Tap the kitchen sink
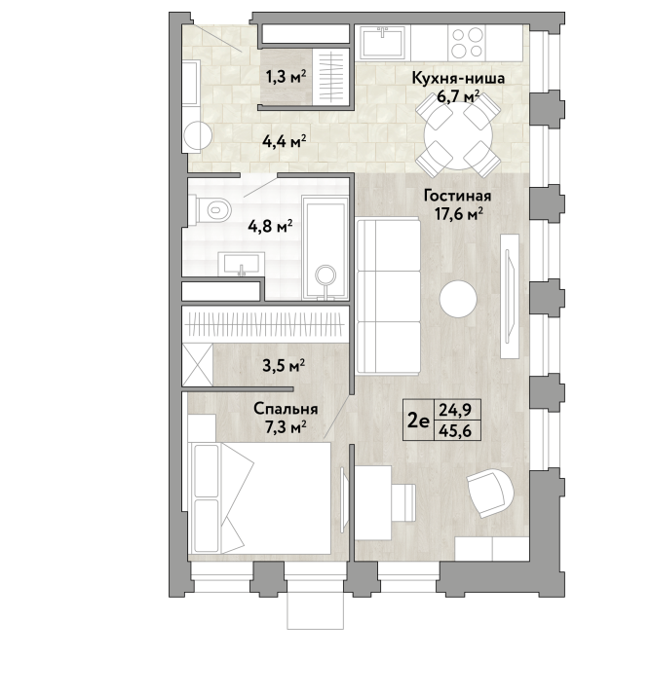pyautogui.click(x=383, y=43)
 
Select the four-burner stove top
pyautogui.click(x=467, y=43)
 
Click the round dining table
pyautogui.click(x=458, y=136)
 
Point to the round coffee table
pyautogui.click(x=458, y=299)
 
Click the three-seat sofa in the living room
pyautogui.click(x=388, y=296)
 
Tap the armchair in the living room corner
pyautogui.click(x=491, y=494)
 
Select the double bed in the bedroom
pyautogui.click(x=259, y=497)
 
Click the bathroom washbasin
pyautogui.click(x=242, y=264)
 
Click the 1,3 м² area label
pyautogui.click(x=287, y=78)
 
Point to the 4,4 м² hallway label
pyautogui.click(x=285, y=142)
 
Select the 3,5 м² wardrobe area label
pyautogui.click(x=284, y=366)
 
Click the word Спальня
pyautogui.click(x=286, y=409)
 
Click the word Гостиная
pyautogui.click(x=458, y=196)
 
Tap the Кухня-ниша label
pyautogui.click(x=458, y=78)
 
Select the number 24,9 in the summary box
pyautogui.click(x=455, y=409)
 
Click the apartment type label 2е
pyautogui.click(x=419, y=421)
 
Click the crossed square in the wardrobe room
pyautogui.click(x=198, y=365)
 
